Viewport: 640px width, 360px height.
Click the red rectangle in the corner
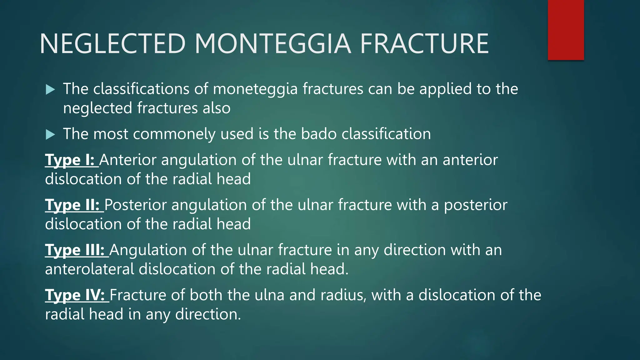click(x=566, y=30)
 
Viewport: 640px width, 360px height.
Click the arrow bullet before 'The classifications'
click(x=50, y=90)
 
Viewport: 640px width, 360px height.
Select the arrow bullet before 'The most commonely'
click(x=50, y=135)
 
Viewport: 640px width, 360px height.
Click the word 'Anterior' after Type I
click(x=128, y=160)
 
